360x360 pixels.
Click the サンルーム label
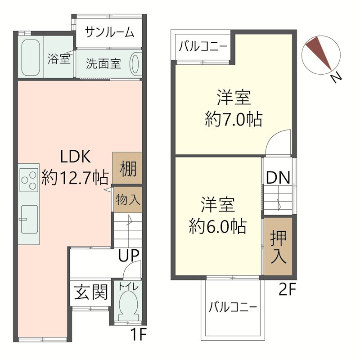(109, 32)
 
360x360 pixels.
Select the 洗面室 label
(103, 64)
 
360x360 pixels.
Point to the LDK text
(76, 157)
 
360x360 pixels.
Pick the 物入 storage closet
(127, 198)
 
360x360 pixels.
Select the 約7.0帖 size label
(234, 120)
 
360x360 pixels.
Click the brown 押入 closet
(278, 247)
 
